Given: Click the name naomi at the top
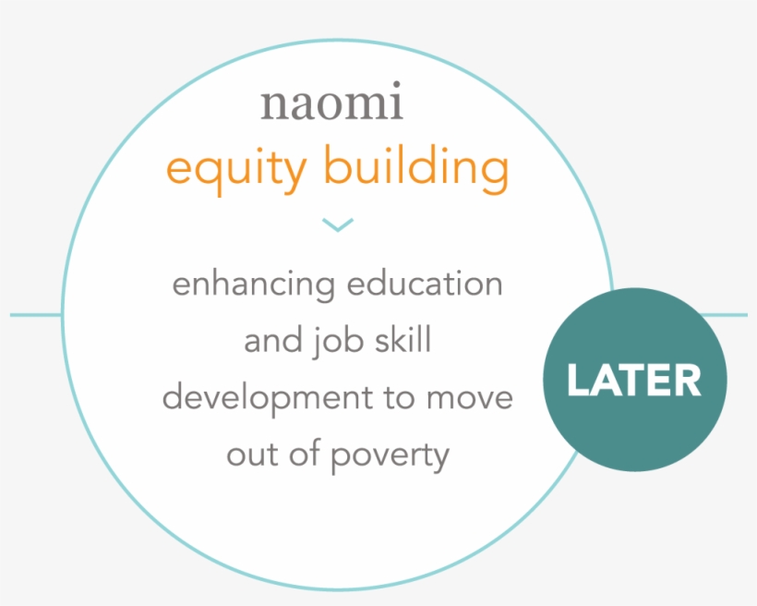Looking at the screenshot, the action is tap(331, 101).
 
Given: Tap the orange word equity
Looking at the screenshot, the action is tap(236, 169).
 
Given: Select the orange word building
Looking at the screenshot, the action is tap(416, 167).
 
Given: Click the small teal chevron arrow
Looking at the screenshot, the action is tap(338, 224).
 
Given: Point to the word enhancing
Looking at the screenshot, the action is tap(254, 285).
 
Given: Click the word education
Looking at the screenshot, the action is tap(425, 284).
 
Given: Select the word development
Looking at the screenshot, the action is tap(268, 398).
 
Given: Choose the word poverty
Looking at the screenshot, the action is tap(391, 456).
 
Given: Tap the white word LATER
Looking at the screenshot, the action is tap(634, 380).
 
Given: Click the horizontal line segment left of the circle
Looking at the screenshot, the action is tap(36, 315).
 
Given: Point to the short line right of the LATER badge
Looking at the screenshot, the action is tap(723, 315).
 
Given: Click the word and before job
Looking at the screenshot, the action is tap(274, 340).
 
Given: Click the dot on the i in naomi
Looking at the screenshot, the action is tap(396, 85).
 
